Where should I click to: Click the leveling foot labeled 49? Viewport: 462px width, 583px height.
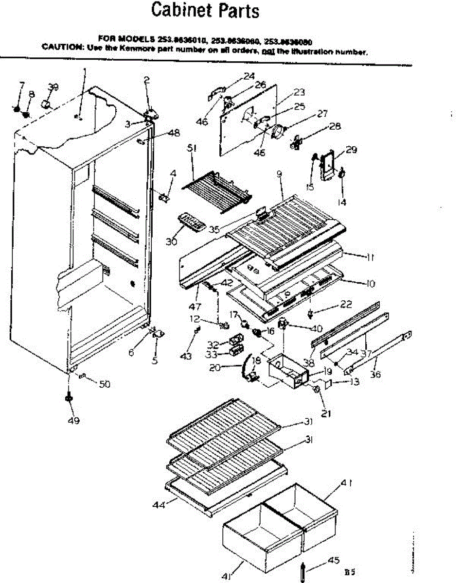[68, 398]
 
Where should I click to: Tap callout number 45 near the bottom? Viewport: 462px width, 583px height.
[333, 560]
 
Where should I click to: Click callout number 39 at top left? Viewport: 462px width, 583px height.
[53, 87]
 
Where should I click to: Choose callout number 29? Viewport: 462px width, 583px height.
[351, 150]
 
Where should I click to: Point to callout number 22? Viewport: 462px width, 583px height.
[346, 304]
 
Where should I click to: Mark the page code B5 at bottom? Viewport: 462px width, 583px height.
[349, 573]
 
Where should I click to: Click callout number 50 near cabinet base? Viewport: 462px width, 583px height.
[104, 384]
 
